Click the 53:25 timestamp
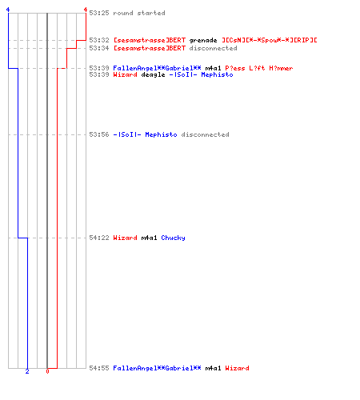pyautogui.click(x=99, y=13)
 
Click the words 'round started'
pyautogui.click(x=139, y=13)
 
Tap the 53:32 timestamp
pyautogui.click(x=99, y=40)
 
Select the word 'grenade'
pyautogui.click(x=203, y=41)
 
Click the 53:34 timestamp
pyautogui.click(x=99, y=48)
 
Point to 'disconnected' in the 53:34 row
pyautogui.click(x=213, y=48)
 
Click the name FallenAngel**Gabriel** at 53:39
pyautogui.click(x=157, y=68)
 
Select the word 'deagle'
pyautogui.click(x=153, y=75)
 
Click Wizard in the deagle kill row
pyautogui.click(x=125, y=74)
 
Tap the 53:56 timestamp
pyautogui.click(x=99, y=134)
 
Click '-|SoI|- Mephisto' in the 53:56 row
pyautogui.click(x=145, y=135)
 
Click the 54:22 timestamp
pyautogui.click(x=99, y=238)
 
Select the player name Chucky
pyautogui.click(x=173, y=238)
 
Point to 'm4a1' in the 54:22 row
pyautogui.click(x=149, y=238)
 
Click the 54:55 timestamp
pyautogui.click(x=99, y=368)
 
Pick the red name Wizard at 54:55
pyautogui.click(x=237, y=368)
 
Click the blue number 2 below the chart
pyautogui.click(x=27, y=371)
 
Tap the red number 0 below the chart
pyautogui.click(x=47, y=371)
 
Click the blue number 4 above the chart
pyautogui.click(x=8, y=10)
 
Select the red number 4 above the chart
pyautogui.click(x=86, y=10)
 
